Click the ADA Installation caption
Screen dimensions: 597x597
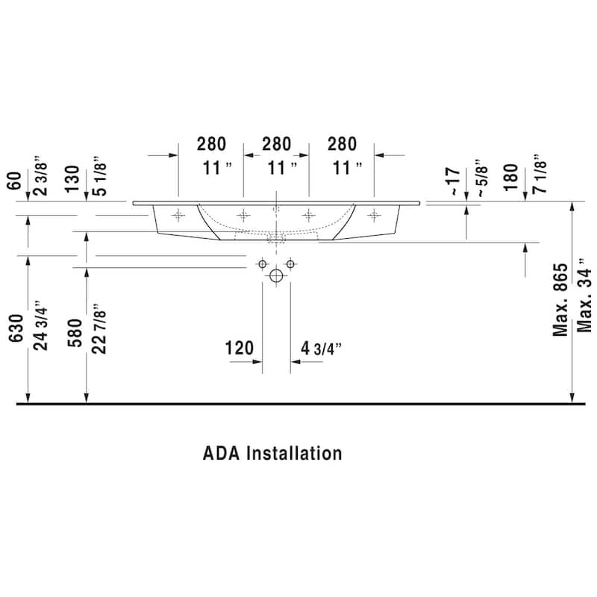[272, 453]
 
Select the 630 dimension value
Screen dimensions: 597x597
[16, 328]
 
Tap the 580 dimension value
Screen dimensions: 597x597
[75, 333]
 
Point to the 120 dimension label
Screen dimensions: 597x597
[239, 348]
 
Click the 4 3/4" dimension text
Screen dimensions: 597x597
[322, 348]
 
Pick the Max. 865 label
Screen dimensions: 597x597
[560, 300]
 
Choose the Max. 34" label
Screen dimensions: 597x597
[584, 296]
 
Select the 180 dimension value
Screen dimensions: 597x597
[511, 178]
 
